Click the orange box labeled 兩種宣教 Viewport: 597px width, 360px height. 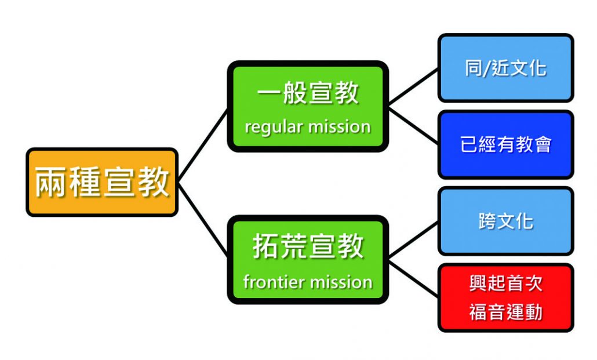pos(102,182)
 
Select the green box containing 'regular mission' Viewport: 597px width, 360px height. pos(308,106)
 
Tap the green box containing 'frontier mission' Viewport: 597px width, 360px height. pos(308,260)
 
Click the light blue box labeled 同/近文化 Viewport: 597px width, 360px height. pos(505,68)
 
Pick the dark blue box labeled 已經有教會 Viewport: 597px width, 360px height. pos(505,144)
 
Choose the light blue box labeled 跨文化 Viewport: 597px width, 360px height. pos(505,221)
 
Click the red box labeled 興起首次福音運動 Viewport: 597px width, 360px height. pos(505,297)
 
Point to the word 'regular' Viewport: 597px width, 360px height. pos(274,128)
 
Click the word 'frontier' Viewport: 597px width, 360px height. pos(274,282)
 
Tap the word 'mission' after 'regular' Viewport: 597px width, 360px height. pos(339,126)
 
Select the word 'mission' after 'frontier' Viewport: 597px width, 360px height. pos(340,282)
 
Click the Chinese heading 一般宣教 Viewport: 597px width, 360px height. pos(308,93)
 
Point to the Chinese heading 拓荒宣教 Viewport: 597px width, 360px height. pos(308,246)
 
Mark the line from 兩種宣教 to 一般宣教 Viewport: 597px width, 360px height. pos(203,145)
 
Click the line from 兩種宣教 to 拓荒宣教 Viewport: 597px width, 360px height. pos(203,220)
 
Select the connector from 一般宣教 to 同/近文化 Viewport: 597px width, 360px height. pos(413,86)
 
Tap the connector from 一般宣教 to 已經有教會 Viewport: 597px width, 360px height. pos(413,125)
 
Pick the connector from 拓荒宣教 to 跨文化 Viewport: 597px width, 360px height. pos(413,240)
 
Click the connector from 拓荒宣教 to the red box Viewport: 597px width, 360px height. pos(413,278)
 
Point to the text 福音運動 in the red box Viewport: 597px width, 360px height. pos(505,312)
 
